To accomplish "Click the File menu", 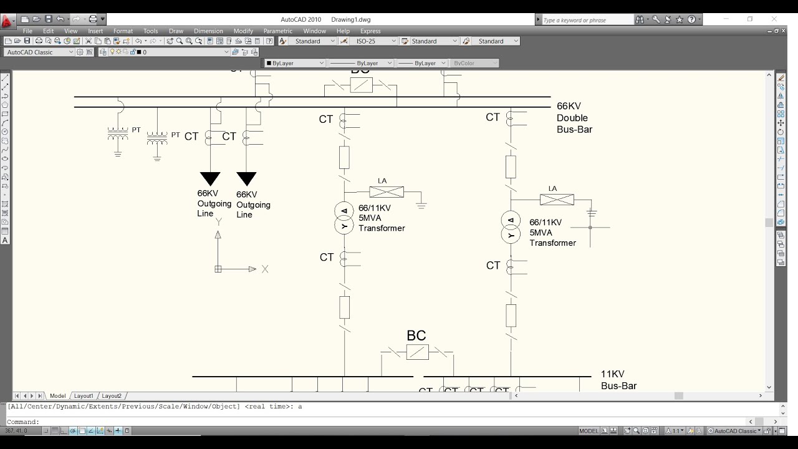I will (27, 31).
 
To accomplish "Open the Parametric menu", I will (277, 31).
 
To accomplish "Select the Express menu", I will (370, 31).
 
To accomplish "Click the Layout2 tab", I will (112, 396).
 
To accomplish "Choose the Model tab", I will (58, 396).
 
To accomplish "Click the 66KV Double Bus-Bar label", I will (574, 118).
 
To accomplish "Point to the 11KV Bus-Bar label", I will (618, 380).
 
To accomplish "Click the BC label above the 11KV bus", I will (416, 336).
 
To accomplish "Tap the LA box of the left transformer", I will (387, 192).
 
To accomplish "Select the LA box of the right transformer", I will (557, 200).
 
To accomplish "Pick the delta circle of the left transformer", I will (344, 210).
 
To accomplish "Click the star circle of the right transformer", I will (511, 235).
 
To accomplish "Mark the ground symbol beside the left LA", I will (421, 204).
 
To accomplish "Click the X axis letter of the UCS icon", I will (265, 269).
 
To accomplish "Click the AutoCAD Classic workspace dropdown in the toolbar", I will (39, 52).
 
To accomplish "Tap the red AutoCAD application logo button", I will (7, 22).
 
